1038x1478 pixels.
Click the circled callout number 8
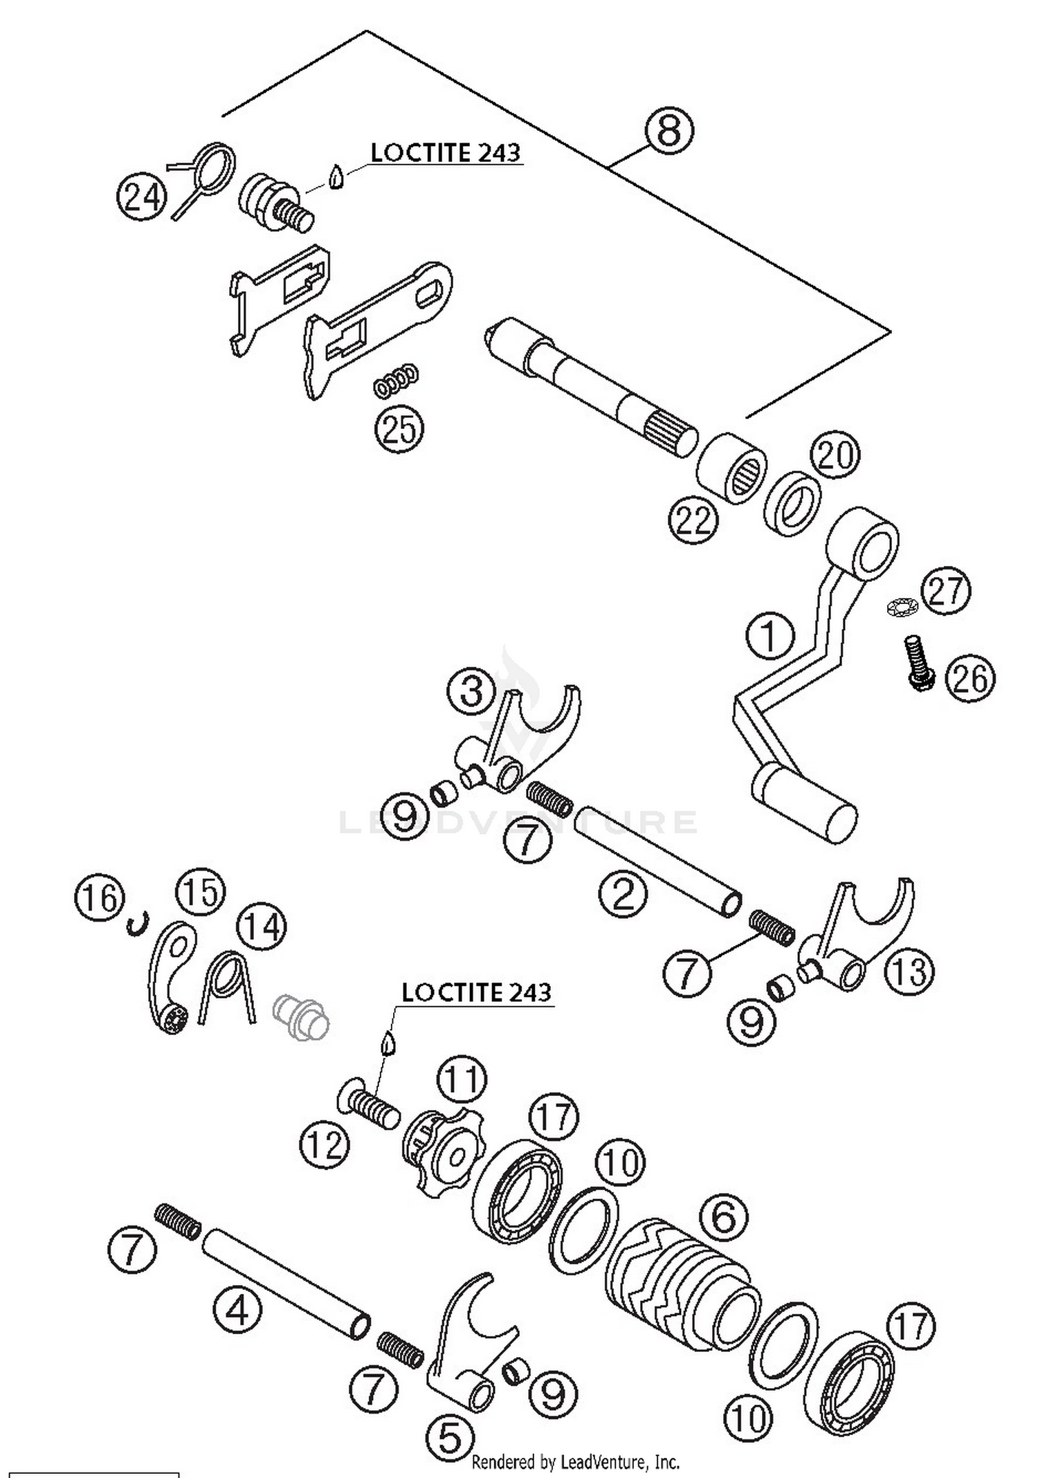pyautogui.click(x=668, y=130)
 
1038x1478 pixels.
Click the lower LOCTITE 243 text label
pyautogui.click(x=476, y=992)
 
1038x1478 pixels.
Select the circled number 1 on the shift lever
pyautogui.click(x=770, y=635)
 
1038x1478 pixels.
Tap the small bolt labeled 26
pyautogui.click(x=919, y=662)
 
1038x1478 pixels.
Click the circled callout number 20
pyautogui.click(x=835, y=456)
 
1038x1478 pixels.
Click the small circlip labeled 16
pyautogui.click(x=138, y=924)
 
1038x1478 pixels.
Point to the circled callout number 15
pyautogui.click(x=201, y=893)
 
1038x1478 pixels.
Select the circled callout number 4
pyautogui.click(x=237, y=1309)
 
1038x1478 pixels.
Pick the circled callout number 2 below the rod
pyautogui.click(x=623, y=893)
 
